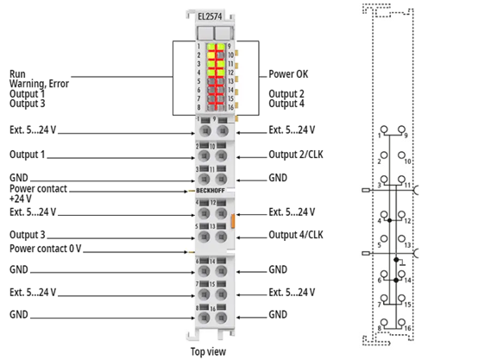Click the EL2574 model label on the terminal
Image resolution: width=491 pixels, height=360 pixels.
pyautogui.click(x=210, y=16)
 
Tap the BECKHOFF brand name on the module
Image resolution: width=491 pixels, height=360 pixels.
pyautogui.click(x=211, y=191)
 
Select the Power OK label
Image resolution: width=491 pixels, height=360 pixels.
pyautogui.click(x=288, y=74)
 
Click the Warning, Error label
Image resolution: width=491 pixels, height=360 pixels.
pyautogui.click(x=39, y=84)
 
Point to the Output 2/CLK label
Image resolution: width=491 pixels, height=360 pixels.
pyautogui.click(x=296, y=155)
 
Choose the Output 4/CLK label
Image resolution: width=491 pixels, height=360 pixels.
pyautogui.click(x=296, y=235)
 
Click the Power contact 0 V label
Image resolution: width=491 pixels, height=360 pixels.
pyautogui.click(x=46, y=249)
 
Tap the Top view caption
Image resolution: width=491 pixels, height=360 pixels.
pyautogui.click(x=208, y=351)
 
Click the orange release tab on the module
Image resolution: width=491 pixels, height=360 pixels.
pyautogui.click(x=233, y=220)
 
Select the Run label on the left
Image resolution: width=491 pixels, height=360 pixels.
pyautogui.click(x=17, y=74)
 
